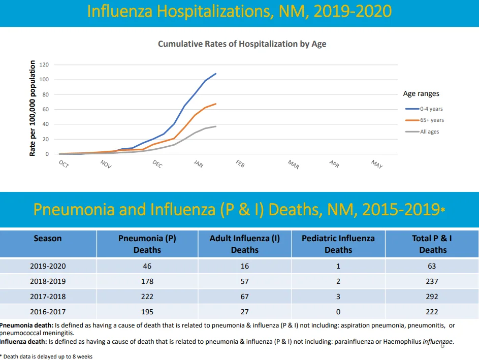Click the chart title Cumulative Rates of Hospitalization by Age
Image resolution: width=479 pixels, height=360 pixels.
coord(242,44)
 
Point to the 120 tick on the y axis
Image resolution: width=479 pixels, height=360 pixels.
coord(44,64)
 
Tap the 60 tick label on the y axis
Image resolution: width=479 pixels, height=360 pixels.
coord(45,109)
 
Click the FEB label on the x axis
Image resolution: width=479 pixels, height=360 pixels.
coord(240,164)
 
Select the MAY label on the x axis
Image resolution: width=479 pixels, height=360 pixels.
coord(377,165)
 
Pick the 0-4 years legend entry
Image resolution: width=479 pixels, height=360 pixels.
coord(424,109)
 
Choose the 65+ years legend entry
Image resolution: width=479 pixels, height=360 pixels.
coord(425,120)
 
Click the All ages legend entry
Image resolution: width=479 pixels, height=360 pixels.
coord(422,132)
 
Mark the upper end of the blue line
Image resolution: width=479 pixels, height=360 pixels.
coord(216,74)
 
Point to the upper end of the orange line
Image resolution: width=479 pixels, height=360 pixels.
coord(216,104)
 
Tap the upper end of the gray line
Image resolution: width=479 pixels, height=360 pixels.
coord(216,126)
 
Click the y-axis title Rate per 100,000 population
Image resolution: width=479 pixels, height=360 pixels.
coord(33,108)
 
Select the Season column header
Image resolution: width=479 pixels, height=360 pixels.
coord(48,238)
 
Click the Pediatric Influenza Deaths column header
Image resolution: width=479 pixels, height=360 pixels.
coord(338,244)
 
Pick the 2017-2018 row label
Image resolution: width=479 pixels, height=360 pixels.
coord(48,297)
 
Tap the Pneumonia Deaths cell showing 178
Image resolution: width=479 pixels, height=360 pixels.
coord(147,281)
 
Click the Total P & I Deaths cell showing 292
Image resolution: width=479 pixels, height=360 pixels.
coord(432,297)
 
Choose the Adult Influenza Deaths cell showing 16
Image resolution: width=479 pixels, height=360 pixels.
coord(245,266)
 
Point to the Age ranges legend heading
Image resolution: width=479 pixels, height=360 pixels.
coord(421,94)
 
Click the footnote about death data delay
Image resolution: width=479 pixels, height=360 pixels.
coord(46,356)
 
